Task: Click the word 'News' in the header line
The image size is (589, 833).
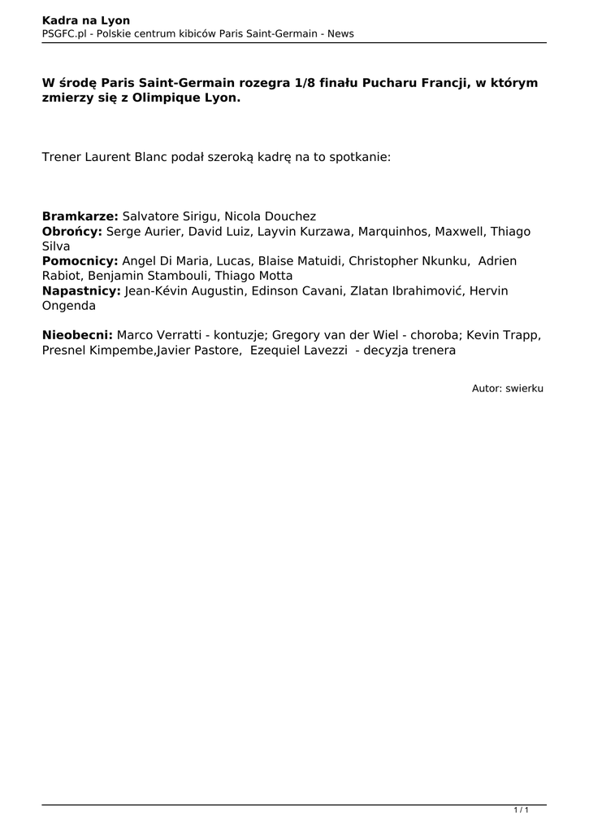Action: point(339,33)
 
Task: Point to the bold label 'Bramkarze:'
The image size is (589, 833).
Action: point(80,216)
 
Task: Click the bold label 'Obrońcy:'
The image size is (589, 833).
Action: point(71,232)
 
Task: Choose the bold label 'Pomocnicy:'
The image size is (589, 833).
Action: point(80,261)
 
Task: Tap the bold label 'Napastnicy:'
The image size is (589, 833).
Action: point(81,290)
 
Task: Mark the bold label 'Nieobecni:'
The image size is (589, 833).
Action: point(77,335)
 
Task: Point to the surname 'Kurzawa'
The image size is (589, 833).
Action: point(326,232)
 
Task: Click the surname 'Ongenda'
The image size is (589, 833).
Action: point(68,306)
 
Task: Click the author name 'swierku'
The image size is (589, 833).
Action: point(524,389)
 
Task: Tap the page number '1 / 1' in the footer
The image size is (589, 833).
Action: point(522,810)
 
